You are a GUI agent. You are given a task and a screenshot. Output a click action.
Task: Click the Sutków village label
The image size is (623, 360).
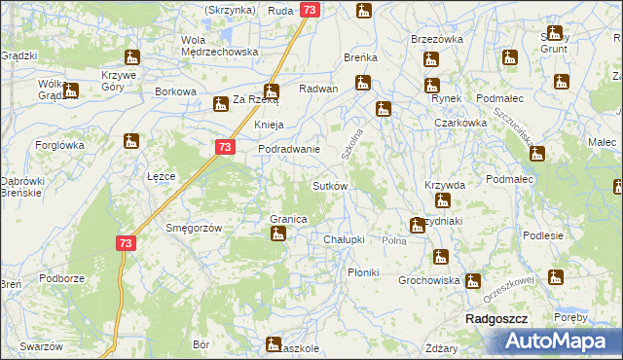click(x=328, y=185)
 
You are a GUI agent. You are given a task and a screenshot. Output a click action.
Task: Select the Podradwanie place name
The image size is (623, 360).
click(x=289, y=149)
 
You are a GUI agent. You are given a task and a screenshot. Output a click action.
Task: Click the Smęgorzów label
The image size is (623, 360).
click(x=195, y=228)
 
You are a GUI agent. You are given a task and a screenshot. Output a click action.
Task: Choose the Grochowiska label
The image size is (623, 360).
click(x=428, y=280)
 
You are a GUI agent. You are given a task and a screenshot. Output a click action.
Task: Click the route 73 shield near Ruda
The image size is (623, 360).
click(x=310, y=10)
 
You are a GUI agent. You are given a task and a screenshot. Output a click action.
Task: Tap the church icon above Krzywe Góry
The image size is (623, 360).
click(x=131, y=56)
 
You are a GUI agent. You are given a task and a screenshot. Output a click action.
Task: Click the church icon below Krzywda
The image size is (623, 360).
click(x=443, y=201)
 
